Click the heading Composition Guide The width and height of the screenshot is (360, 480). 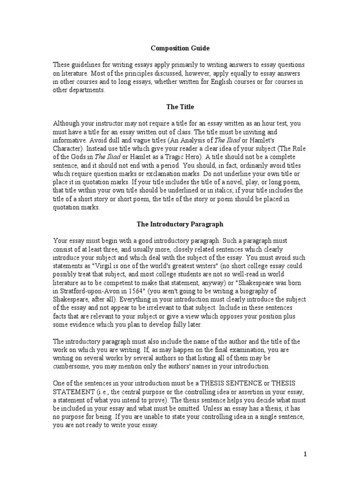[x=180, y=48]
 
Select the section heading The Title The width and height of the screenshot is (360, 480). [x=180, y=107]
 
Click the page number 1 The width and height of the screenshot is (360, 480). [x=305, y=454]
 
